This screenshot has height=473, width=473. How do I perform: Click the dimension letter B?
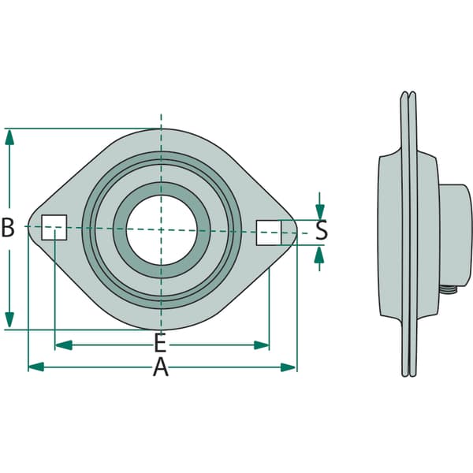click(x=8, y=228)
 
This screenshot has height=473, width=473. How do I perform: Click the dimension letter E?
click(x=160, y=342)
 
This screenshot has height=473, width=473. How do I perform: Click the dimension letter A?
click(x=161, y=367)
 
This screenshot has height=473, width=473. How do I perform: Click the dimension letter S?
click(x=322, y=230)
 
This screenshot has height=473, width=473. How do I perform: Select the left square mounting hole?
click(x=54, y=228)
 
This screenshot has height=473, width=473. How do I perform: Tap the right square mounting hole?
click(x=269, y=233)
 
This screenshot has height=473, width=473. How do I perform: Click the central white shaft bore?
click(x=162, y=230)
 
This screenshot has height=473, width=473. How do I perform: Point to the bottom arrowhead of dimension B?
click(x=9, y=320)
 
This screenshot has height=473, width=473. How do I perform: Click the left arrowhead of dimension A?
click(x=36, y=367)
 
